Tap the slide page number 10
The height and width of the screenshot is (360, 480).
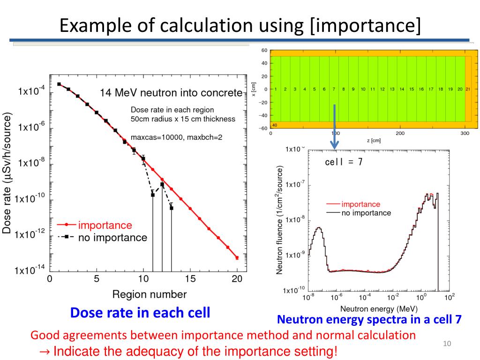[x=447, y=345]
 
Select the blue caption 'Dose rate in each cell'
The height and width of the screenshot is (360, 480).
[x=140, y=313]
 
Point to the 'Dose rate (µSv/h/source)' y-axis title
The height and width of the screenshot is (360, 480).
[x=7, y=172]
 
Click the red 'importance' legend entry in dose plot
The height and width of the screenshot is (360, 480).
[x=105, y=225]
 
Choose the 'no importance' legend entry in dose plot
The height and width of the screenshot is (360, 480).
[x=112, y=238]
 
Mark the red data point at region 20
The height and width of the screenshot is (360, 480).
[x=237, y=258]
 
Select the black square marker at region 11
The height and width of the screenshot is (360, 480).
[x=153, y=195]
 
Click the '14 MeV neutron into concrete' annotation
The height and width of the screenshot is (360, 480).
[x=171, y=92]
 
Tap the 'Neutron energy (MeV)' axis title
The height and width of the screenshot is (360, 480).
[x=379, y=309]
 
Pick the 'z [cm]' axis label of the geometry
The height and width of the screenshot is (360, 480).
[x=367, y=140]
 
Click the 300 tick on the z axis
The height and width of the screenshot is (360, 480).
[x=465, y=133]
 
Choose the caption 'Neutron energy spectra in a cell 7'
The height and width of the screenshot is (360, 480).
[x=369, y=320]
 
